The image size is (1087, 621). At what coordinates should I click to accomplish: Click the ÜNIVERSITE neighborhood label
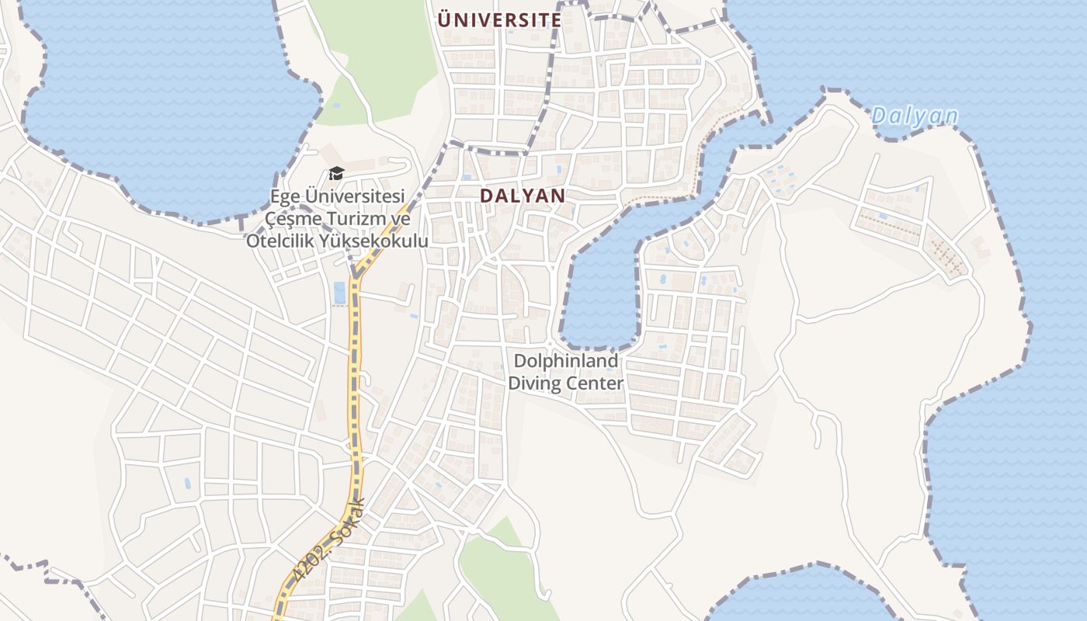499,20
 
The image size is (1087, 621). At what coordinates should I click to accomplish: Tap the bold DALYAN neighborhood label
523,196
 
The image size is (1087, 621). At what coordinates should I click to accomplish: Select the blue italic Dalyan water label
914,116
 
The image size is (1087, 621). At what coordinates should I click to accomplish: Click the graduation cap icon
336,172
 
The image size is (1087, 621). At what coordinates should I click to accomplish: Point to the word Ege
285,196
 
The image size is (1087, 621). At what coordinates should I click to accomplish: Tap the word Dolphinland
566,361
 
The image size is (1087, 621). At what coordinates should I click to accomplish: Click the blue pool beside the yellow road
339,293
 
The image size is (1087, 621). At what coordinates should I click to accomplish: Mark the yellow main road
355,373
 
